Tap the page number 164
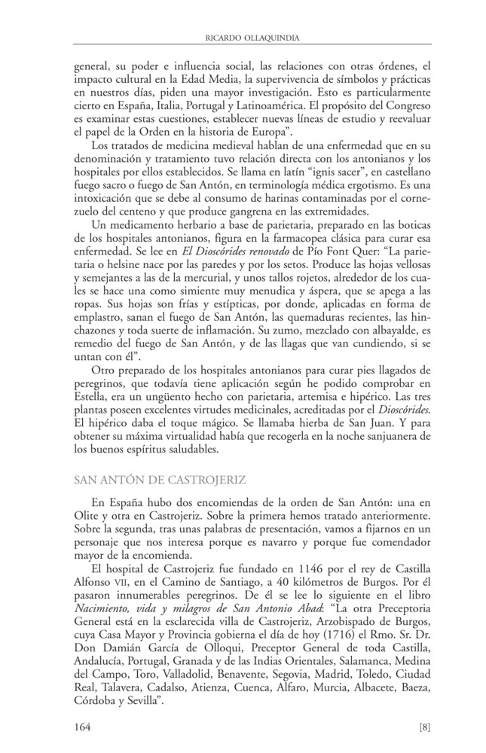82,727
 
